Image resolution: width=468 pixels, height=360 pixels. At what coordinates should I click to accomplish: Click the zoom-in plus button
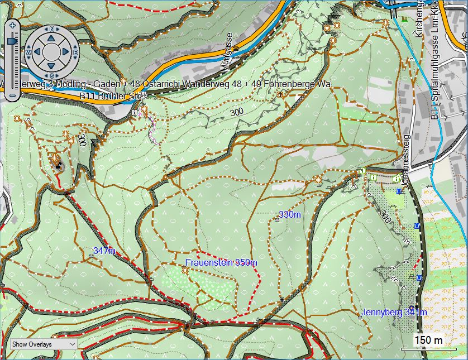point(12,25)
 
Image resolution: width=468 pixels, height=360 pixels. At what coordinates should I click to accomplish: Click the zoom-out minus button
point(12,95)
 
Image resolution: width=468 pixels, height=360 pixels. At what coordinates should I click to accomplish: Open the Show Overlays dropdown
point(43,344)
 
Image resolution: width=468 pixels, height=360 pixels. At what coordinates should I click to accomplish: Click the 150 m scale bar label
point(428,340)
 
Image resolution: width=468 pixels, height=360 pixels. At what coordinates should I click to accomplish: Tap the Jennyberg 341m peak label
point(394,313)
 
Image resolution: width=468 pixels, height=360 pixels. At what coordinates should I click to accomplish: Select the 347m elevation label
point(104,251)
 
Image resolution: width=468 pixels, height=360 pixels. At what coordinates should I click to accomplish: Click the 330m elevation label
point(289,215)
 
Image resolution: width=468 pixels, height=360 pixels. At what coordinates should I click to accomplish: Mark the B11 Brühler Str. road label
point(108,97)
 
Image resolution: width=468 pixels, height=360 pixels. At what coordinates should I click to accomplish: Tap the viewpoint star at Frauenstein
point(185,270)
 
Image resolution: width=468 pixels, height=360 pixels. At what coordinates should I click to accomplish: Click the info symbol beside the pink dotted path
point(135,113)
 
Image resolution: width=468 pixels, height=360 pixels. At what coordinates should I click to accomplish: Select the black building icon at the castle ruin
point(59,165)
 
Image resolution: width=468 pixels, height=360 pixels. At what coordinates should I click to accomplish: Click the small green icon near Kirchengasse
point(403,20)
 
